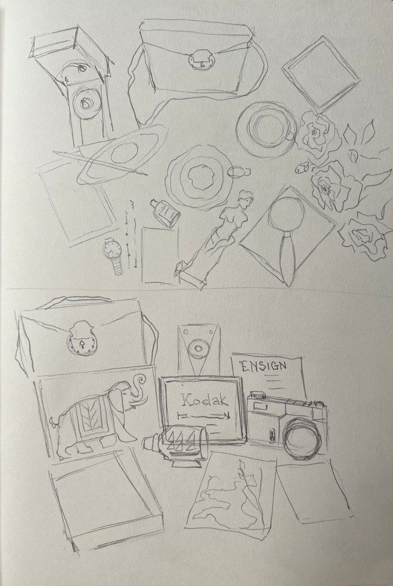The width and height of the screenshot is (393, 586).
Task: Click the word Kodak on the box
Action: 204,401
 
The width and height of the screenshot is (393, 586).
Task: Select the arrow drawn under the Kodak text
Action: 205,415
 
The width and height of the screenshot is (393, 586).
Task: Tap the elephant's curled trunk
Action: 138,389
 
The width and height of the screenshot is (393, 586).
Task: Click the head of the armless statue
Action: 245,198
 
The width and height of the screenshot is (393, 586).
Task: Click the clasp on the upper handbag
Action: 202,60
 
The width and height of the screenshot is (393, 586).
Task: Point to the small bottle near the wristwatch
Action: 166,212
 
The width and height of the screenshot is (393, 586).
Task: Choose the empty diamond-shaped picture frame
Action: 320,73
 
